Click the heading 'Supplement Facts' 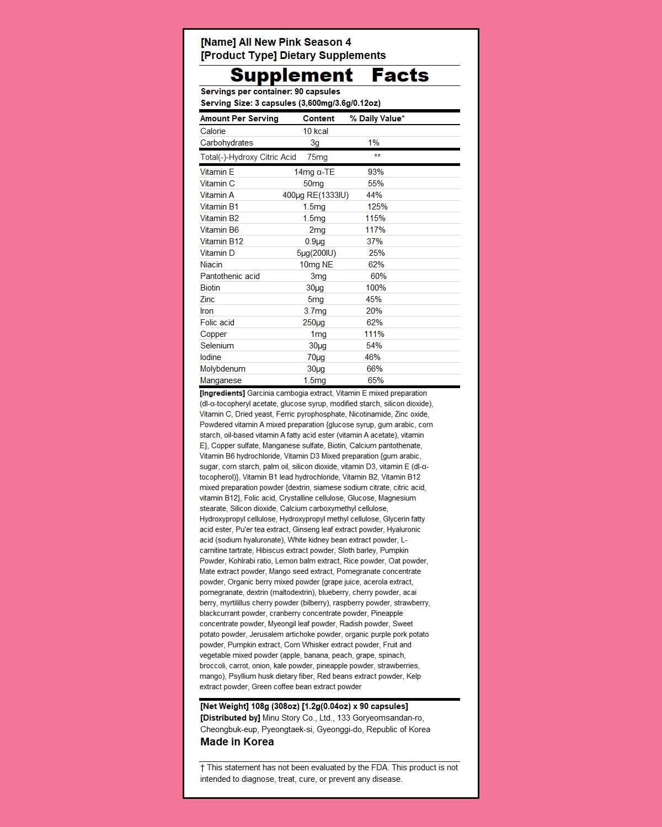pos(329,75)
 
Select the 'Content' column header pos(318,119)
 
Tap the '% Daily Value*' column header pos(377,119)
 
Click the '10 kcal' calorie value pos(316,131)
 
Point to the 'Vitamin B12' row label pos(222,241)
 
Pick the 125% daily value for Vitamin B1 pos(377,207)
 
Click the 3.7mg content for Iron pos(315,311)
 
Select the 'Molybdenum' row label pos(223,369)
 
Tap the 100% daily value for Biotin pos(376,288)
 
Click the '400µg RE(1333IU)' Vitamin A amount pos(316,195)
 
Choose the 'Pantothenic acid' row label pos(230,276)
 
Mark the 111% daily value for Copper pos(374,334)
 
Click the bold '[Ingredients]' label pos(222,394)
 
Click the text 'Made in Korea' pos(237,742)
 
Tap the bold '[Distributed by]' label pos(230,718)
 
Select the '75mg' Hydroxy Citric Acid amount pos(317,157)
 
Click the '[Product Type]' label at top pos(239,56)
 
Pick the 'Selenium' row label pos(217,346)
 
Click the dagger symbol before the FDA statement pos(202,768)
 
